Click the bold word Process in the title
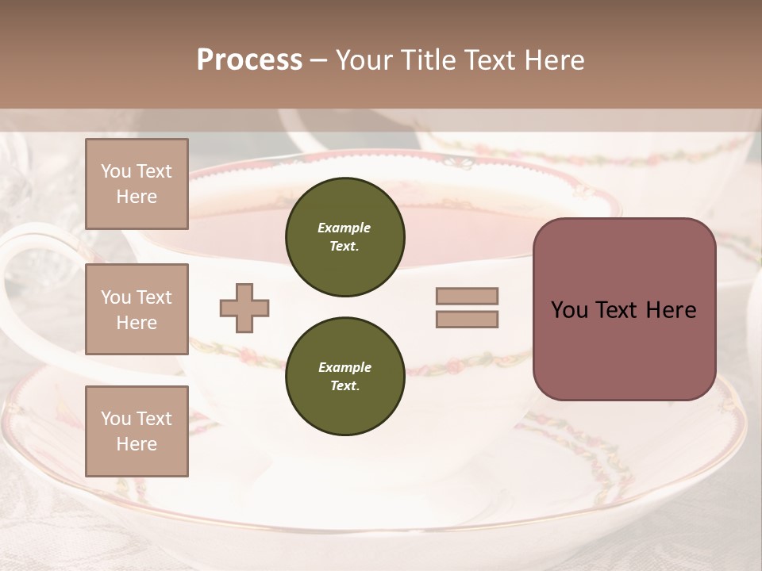point(249,60)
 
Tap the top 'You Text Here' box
point(137,184)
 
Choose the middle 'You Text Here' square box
point(137,309)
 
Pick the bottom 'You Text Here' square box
point(137,431)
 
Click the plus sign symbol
point(244,308)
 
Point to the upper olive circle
point(344,237)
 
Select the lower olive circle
point(344,377)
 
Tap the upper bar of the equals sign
point(468,296)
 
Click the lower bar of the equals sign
point(468,320)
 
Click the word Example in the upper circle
point(344,228)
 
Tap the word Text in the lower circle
point(344,386)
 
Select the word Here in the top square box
point(137,197)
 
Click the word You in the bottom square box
point(116,419)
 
